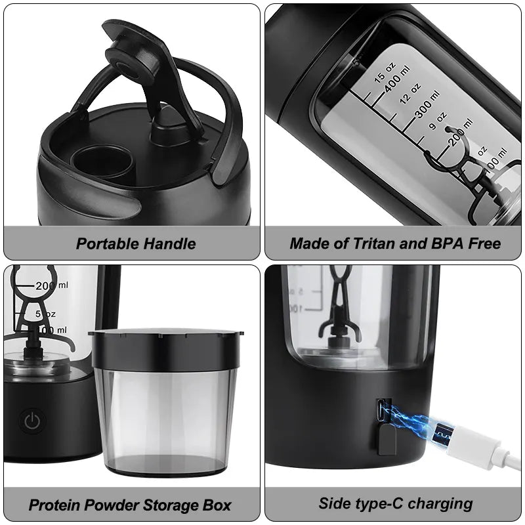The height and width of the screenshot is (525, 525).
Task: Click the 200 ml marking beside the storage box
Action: pos(52,285)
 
